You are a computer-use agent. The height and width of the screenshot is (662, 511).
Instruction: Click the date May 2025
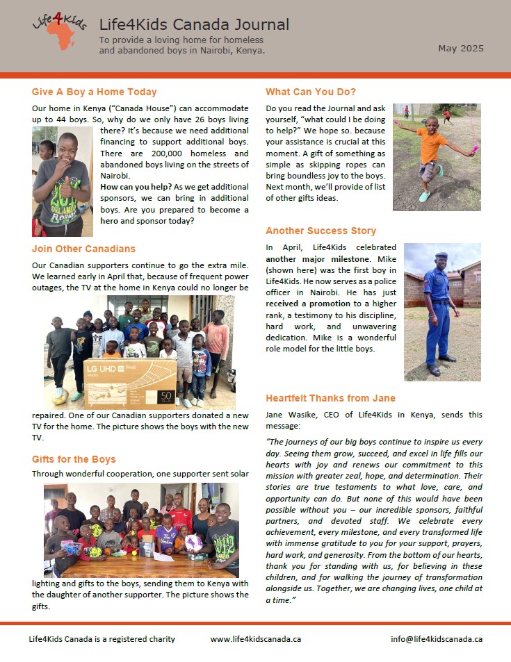(460, 49)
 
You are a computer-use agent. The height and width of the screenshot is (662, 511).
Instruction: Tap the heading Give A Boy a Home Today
(95, 92)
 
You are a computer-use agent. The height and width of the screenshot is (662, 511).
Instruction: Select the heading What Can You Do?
(311, 92)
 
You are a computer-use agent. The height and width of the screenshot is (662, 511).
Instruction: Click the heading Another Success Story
(321, 231)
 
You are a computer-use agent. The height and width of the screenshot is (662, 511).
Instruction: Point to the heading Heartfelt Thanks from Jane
(330, 398)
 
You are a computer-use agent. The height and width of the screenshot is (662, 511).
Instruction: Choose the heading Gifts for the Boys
(74, 459)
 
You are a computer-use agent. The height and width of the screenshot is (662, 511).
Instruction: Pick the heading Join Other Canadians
(83, 249)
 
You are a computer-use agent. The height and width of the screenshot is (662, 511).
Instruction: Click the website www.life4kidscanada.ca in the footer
(255, 639)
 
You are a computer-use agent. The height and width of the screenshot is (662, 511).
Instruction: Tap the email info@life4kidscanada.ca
(436, 639)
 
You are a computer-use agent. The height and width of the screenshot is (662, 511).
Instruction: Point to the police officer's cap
(440, 256)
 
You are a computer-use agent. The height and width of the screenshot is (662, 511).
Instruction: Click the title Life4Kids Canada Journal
(194, 26)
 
